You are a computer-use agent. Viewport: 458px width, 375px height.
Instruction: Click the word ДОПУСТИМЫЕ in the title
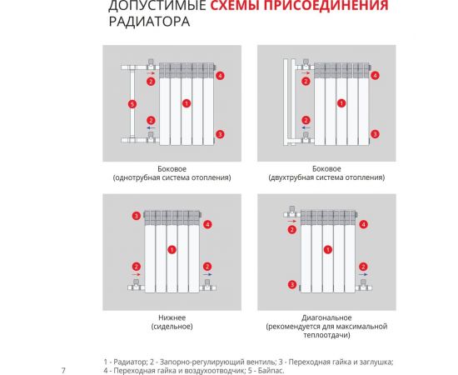(156, 7)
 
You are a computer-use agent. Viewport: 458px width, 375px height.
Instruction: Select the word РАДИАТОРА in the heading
(148, 22)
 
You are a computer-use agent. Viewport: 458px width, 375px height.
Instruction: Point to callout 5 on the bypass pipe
(132, 103)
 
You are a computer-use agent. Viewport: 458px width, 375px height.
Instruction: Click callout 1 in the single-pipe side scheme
(187, 103)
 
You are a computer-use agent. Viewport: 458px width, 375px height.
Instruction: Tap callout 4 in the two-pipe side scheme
(375, 76)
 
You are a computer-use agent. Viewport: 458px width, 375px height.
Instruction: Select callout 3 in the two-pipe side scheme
(375, 133)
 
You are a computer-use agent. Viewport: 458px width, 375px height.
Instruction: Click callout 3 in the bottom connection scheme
(136, 217)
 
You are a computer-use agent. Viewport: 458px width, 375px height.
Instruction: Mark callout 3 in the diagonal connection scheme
(292, 284)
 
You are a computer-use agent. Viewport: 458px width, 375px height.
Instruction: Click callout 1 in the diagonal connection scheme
(326, 249)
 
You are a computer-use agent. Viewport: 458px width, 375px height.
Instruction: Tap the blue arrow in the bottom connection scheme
(209, 274)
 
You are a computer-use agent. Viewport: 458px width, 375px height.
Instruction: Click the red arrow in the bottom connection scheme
(137, 274)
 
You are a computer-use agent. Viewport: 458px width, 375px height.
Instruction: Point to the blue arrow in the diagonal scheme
(362, 274)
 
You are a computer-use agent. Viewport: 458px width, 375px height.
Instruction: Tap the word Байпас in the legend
(274, 370)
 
